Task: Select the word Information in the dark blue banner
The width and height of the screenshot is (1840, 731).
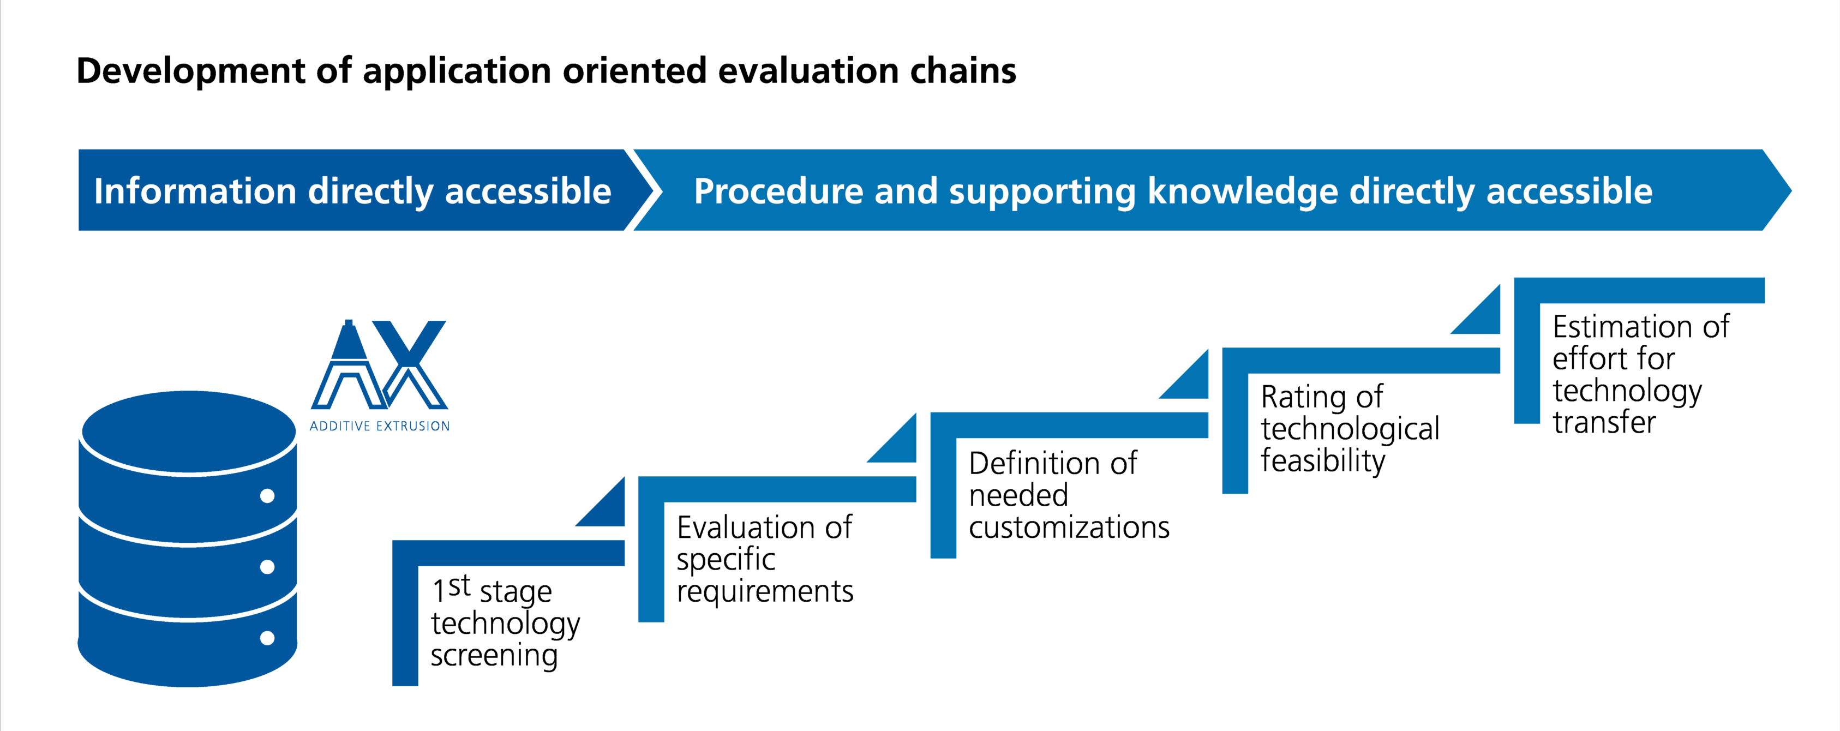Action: tap(194, 191)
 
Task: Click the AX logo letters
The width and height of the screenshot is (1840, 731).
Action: tap(379, 366)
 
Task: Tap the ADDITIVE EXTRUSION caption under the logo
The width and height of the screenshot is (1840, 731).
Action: tap(379, 426)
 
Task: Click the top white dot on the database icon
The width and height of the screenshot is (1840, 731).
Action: tap(267, 496)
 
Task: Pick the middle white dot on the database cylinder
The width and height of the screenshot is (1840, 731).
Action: tap(267, 567)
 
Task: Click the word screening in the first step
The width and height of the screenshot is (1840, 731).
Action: tap(494, 655)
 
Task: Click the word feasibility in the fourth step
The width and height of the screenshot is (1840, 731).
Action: tap(1323, 461)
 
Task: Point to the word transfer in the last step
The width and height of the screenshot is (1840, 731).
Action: tap(1604, 422)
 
